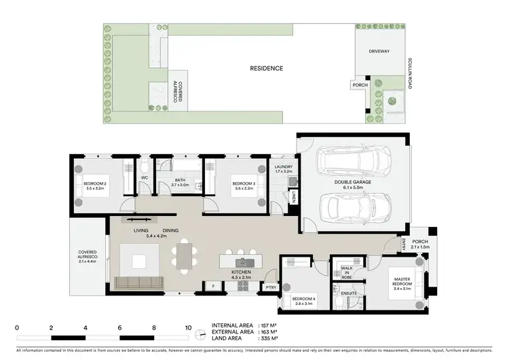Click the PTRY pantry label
(x=270, y=287)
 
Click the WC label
(x=144, y=179)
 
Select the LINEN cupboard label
(x=294, y=197)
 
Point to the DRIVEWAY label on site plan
(x=379, y=50)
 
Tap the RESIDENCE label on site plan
(x=265, y=69)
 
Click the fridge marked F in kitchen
(x=213, y=287)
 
